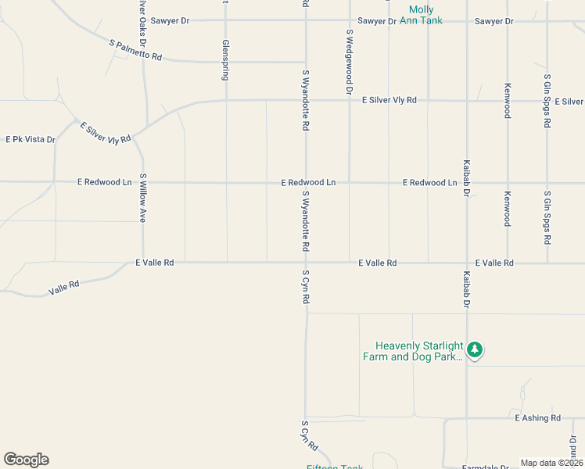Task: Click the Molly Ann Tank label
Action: pos(422,15)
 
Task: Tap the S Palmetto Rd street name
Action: pos(136,51)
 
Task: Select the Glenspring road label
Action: pos(225,60)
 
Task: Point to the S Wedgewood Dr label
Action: pos(349,62)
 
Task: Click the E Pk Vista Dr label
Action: pos(31,140)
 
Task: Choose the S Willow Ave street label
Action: pos(143,198)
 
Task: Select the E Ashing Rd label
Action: pos(537,418)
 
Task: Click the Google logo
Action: pos(26,460)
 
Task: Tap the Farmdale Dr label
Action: pos(490,467)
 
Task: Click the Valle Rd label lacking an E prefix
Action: pos(64,288)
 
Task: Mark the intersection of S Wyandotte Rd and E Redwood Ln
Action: pos(306,183)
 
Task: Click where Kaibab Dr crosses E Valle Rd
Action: pos(467,263)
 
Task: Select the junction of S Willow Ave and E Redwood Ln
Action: pos(143,183)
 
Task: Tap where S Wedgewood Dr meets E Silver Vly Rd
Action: pos(349,100)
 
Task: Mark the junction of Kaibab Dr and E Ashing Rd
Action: pos(467,418)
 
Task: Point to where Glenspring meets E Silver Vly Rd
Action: pos(226,100)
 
